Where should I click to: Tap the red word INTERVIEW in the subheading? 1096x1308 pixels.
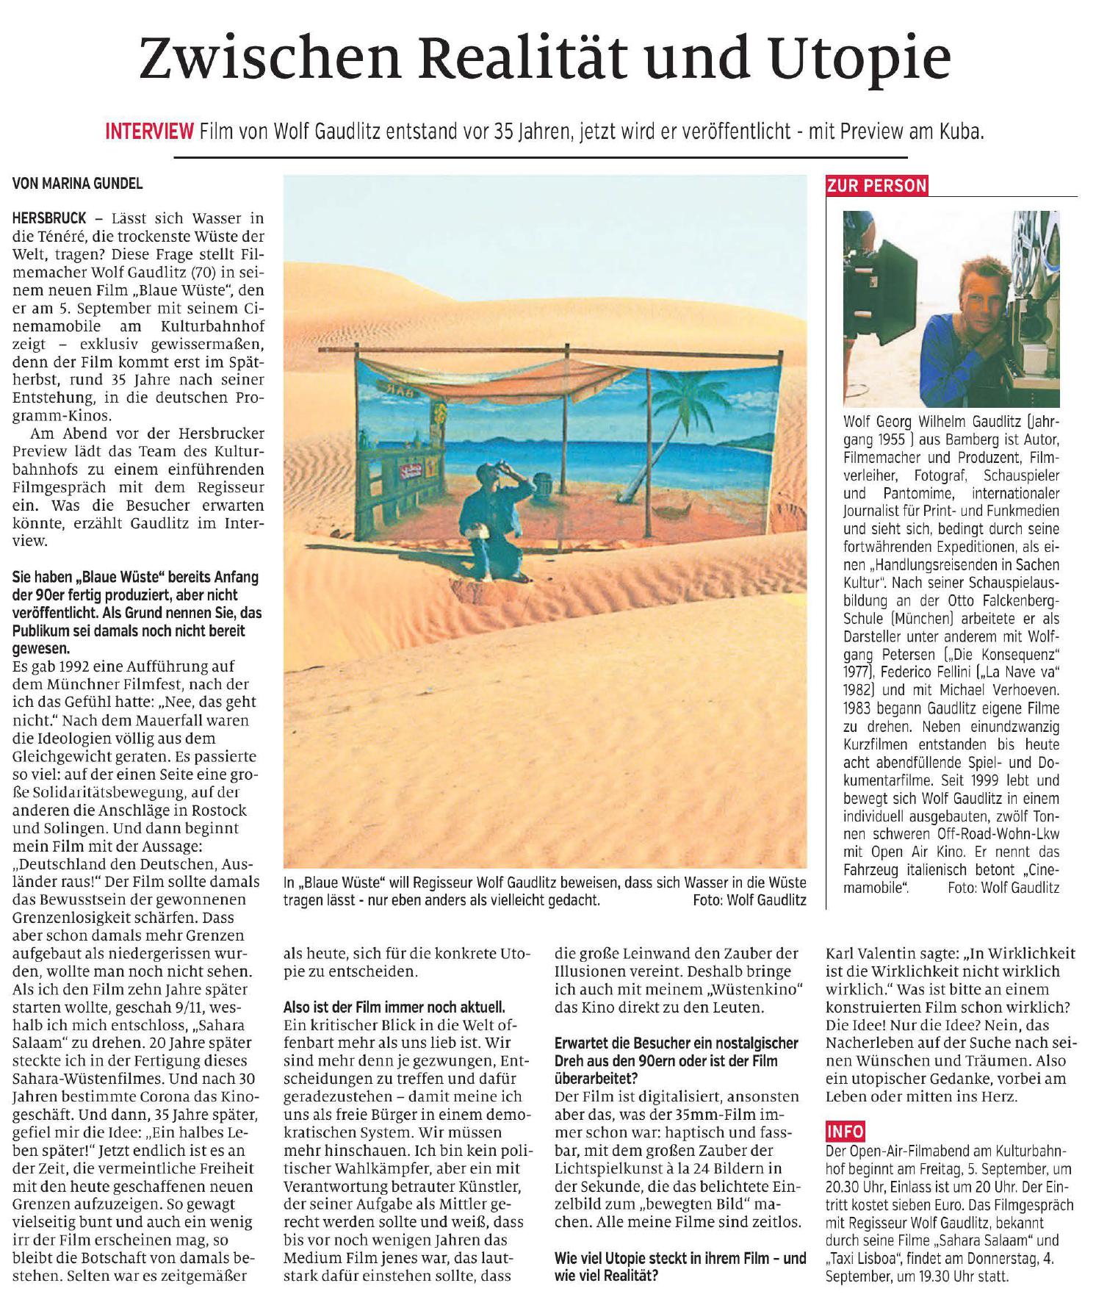click(149, 132)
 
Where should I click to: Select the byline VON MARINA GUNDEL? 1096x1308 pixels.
click(77, 184)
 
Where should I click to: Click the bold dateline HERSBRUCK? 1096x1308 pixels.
click(49, 218)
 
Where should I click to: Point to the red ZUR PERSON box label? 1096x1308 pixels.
click(877, 186)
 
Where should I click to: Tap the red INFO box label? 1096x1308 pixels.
click(846, 1131)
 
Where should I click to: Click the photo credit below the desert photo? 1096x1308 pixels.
click(749, 900)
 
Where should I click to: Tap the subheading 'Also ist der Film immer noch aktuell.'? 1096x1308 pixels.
click(394, 1007)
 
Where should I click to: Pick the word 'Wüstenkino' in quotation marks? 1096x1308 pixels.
click(754, 990)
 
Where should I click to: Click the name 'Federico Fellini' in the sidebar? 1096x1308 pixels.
click(930, 672)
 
